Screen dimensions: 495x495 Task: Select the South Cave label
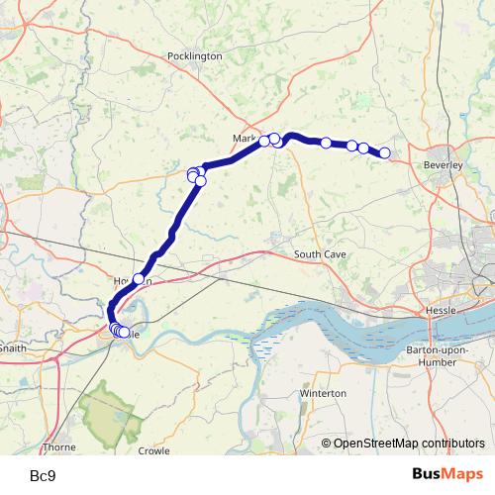click(x=320, y=254)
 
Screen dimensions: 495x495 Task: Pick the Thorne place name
click(x=58, y=447)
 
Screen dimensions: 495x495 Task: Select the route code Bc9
click(x=43, y=475)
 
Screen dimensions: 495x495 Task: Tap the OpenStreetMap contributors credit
click(x=409, y=443)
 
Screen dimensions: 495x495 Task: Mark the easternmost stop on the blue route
click(x=385, y=152)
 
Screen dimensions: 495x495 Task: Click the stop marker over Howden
click(x=139, y=279)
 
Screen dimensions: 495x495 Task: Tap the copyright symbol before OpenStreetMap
click(x=327, y=443)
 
